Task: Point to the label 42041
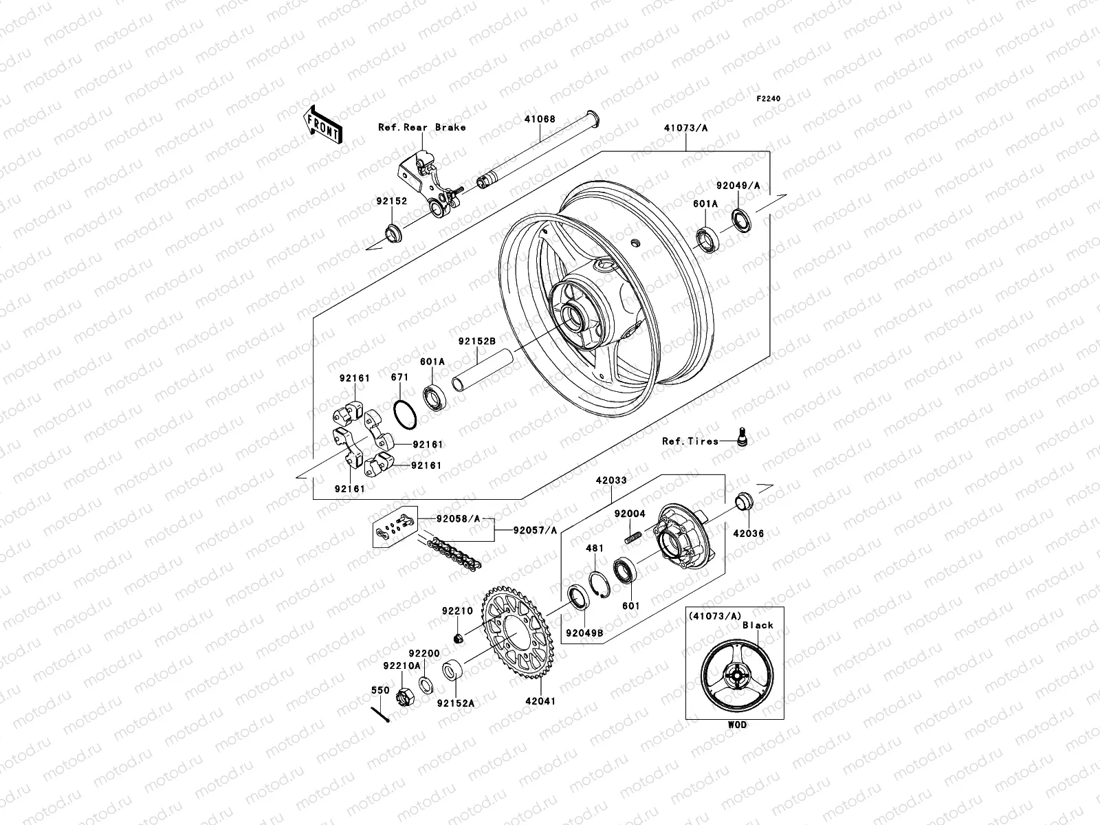tap(540, 701)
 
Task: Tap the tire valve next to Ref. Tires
tap(741, 437)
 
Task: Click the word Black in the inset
tap(757, 625)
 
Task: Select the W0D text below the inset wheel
tap(736, 725)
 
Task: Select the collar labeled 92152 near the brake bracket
tap(394, 234)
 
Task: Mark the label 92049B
tap(584, 632)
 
